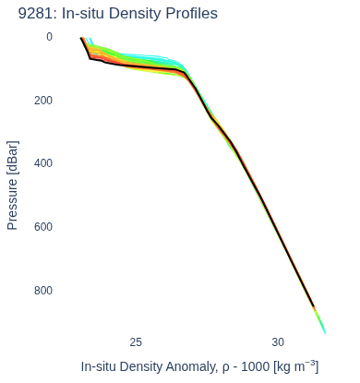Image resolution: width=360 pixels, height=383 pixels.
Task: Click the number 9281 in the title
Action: [36, 14]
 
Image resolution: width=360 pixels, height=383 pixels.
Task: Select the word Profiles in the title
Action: [191, 14]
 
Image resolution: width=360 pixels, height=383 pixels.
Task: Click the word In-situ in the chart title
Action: [83, 14]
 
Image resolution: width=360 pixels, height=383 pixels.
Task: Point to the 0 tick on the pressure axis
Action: [49, 37]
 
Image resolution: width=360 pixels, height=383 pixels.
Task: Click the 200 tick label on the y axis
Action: [43, 101]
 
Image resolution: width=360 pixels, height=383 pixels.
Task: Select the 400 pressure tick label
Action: [43, 163]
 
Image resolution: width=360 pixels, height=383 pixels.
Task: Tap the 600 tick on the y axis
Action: [43, 227]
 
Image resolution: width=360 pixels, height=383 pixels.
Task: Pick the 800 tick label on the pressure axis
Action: [43, 290]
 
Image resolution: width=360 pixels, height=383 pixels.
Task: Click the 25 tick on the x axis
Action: [136, 342]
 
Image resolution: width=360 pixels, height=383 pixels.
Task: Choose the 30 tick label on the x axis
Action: [278, 342]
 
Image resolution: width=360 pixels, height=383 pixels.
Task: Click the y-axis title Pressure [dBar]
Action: [12, 186]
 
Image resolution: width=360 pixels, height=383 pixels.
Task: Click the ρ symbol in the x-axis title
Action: [226, 368]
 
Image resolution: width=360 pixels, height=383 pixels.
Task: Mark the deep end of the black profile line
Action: [314, 306]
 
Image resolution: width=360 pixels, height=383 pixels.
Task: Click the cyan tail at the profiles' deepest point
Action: [324, 329]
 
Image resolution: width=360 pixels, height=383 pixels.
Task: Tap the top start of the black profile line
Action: [81, 38]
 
